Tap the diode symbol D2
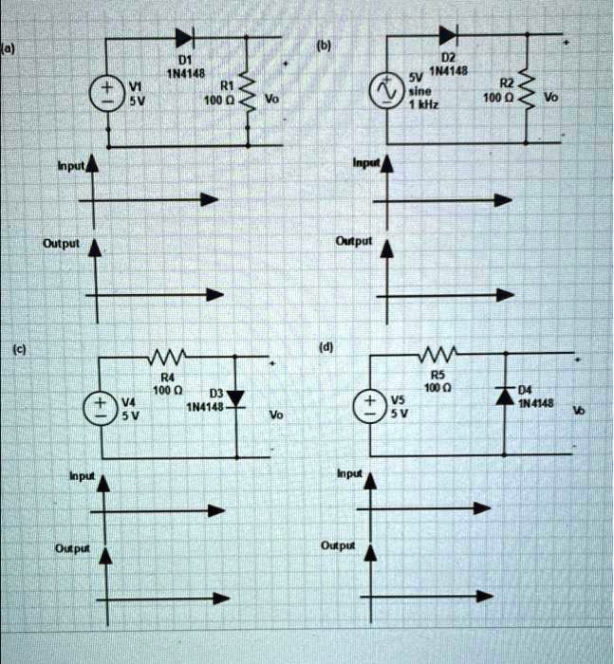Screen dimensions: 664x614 coord(447,37)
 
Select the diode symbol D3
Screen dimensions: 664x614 coord(235,396)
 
